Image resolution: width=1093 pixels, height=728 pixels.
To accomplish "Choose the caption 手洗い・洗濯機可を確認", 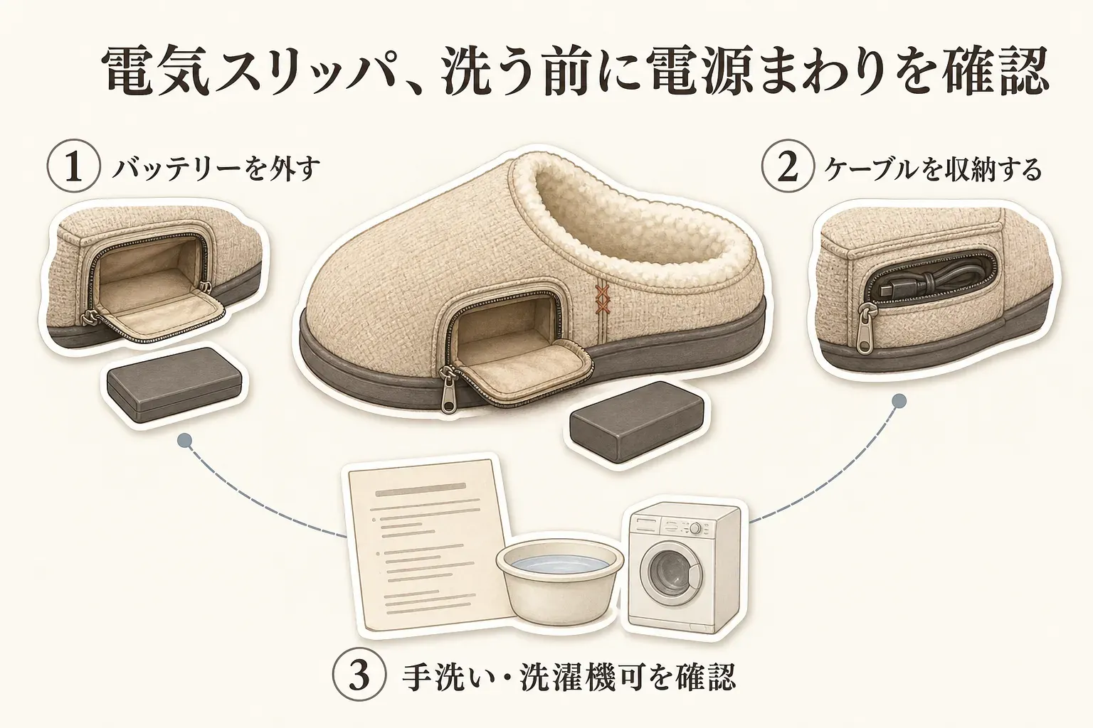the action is pos(569,677).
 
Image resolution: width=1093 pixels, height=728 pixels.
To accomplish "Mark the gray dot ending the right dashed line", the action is pos(899,401).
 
